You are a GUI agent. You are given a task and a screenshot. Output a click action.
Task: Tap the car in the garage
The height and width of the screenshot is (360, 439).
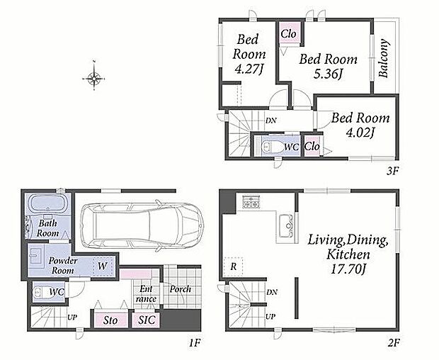pyautogui.click(x=142, y=225)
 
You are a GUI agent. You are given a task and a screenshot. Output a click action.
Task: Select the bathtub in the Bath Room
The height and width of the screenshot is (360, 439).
pyautogui.click(x=48, y=203)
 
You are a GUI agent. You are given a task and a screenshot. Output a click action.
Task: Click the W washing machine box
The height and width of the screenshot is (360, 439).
pyautogui.click(x=103, y=266)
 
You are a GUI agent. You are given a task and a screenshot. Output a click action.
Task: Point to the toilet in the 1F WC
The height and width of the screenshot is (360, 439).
pyautogui.click(x=40, y=292)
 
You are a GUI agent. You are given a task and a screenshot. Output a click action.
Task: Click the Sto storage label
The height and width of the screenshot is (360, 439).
pyautogui.click(x=110, y=320)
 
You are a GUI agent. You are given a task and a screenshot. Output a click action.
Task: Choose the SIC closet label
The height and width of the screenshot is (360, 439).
pyautogui.click(x=147, y=320)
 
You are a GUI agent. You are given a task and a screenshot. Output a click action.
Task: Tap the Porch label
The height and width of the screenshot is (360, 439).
pyautogui.click(x=181, y=289)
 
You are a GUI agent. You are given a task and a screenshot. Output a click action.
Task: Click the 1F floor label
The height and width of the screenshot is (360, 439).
pyautogui.click(x=195, y=342)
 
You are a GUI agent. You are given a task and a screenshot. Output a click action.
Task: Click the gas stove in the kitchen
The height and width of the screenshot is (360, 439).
pyautogui.click(x=251, y=202)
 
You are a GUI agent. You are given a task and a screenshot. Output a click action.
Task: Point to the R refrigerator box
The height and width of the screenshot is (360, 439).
pyautogui.click(x=233, y=266)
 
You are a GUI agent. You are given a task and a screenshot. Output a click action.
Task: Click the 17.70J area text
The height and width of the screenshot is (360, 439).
pyautogui.click(x=348, y=269)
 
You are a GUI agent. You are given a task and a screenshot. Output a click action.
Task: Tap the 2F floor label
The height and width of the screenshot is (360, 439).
pyautogui.click(x=393, y=342)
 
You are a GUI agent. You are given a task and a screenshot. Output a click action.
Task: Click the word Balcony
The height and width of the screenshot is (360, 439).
pyautogui.click(x=384, y=58)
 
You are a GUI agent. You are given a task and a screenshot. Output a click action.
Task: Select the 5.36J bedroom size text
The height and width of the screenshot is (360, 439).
pyautogui.click(x=328, y=74)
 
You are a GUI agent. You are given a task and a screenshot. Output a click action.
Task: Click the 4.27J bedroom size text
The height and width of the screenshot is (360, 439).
pyautogui.click(x=249, y=69)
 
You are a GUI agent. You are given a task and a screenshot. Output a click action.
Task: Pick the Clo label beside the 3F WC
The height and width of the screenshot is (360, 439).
pyautogui.click(x=312, y=146)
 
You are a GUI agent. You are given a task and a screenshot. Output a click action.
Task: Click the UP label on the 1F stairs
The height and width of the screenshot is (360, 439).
pyautogui.click(x=72, y=317)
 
